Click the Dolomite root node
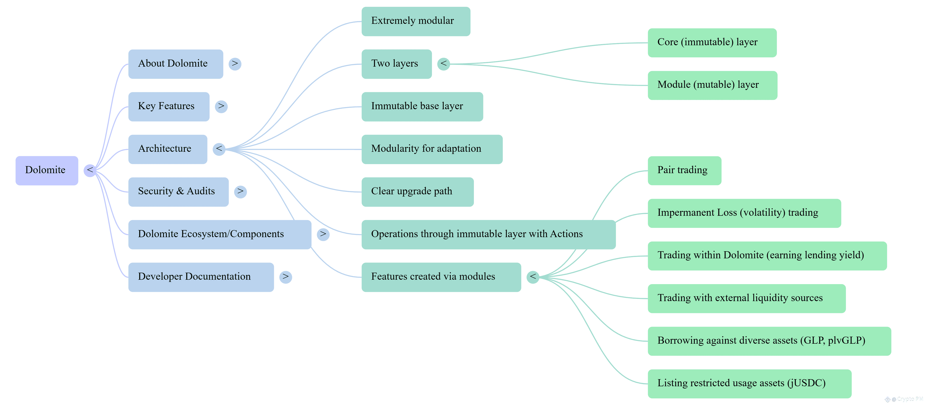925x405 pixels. [47, 171]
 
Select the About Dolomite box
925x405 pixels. [176, 64]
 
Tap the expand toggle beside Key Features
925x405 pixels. [221, 106]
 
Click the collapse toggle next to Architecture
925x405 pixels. [219, 149]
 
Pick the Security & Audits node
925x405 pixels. [179, 192]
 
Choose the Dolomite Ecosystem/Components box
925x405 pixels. [220, 234]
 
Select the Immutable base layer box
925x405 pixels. [422, 107]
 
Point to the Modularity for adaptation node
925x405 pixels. [432, 149]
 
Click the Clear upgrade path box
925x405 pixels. [418, 192]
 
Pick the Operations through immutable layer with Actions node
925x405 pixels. [489, 234]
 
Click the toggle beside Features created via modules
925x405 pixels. [533, 277]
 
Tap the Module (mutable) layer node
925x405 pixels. [712, 85]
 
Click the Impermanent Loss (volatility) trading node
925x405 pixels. [744, 213]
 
